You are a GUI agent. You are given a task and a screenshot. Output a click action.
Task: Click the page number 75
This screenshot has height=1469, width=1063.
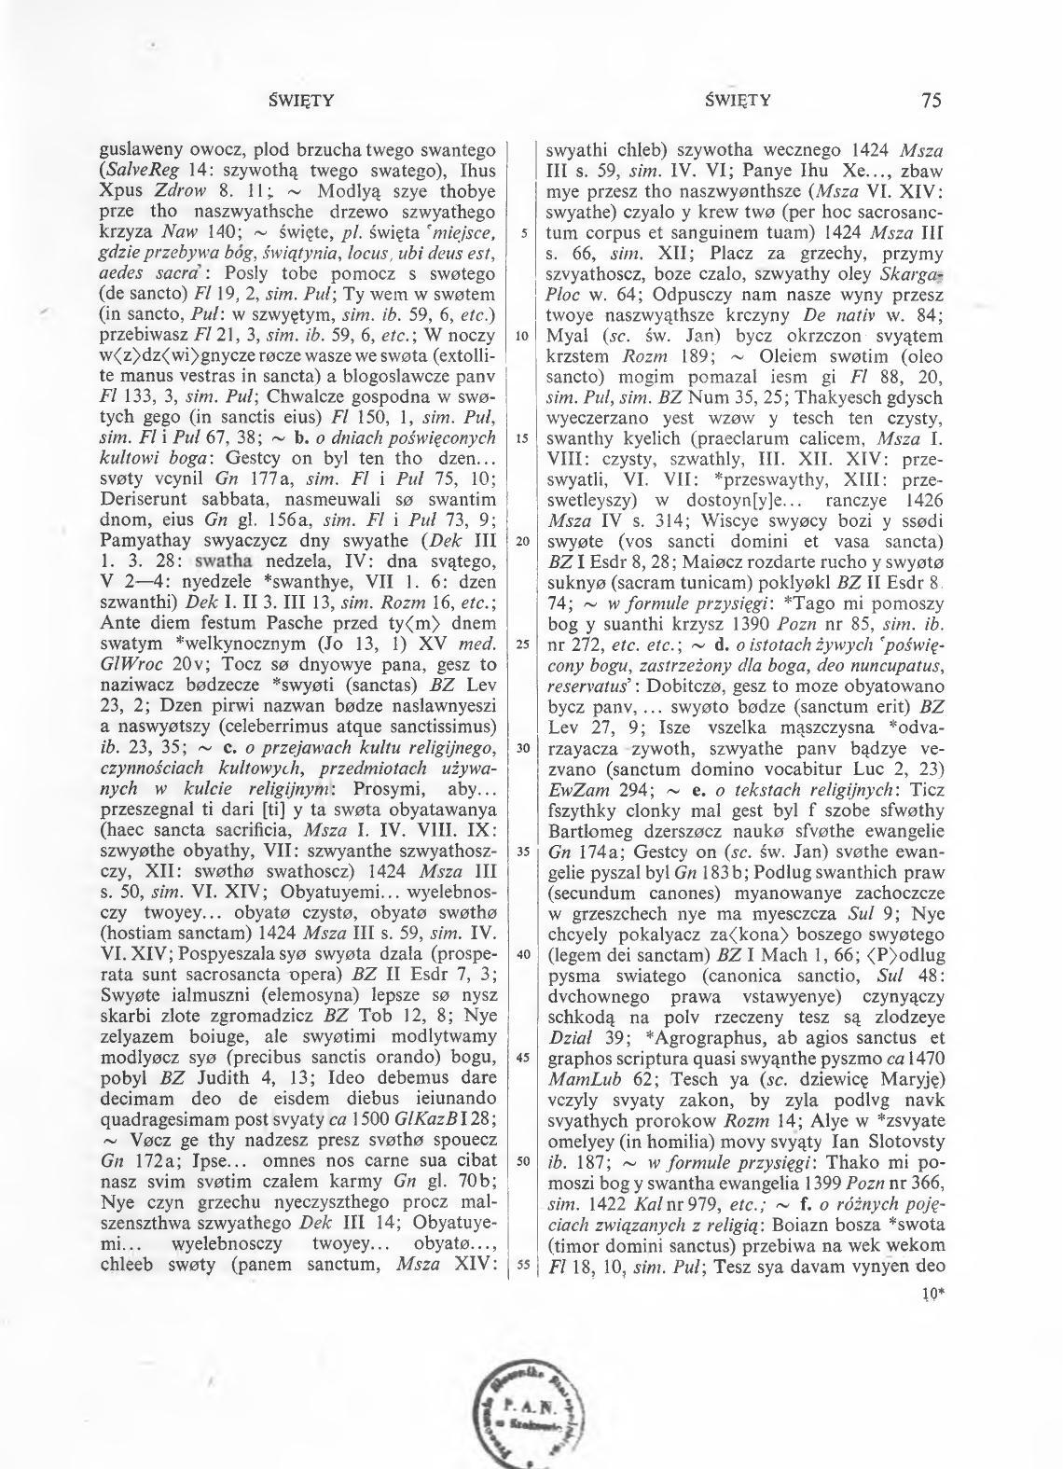point(930,101)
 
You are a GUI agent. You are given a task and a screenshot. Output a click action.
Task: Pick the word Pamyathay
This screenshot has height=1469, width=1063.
point(143,541)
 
